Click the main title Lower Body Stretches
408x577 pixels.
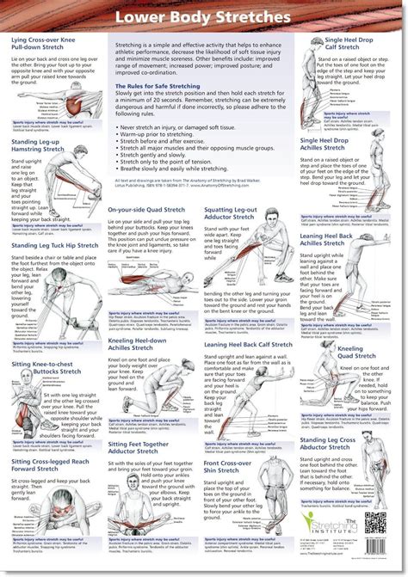tap(204, 17)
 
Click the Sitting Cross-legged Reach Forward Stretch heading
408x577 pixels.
tap(47, 465)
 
